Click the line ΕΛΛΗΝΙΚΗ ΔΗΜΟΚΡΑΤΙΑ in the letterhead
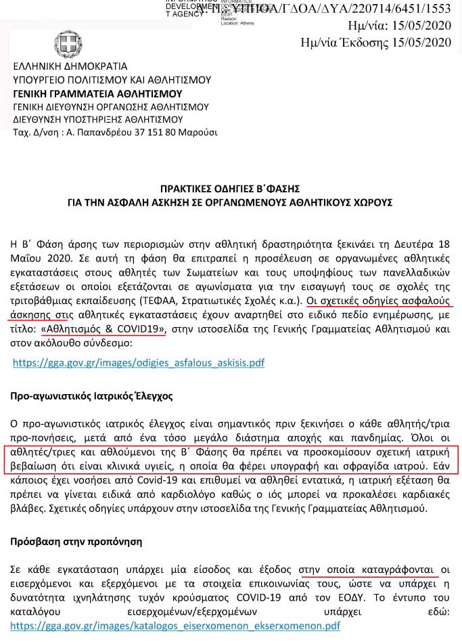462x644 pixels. tap(70, 67)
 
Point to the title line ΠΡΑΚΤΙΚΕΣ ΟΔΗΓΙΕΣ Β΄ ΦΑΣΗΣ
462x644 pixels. tap(230, 188)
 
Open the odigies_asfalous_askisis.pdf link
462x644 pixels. tap(139, 363)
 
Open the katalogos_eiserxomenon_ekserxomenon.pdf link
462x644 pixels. tap(175, 626)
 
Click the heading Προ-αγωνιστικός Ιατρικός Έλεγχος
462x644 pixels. tap(91, 395)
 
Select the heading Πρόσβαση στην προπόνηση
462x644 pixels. tap(76, 542)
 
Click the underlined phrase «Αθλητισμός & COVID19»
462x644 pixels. tap(103, 330)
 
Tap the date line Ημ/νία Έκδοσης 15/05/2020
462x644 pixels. tap(375, 43)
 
